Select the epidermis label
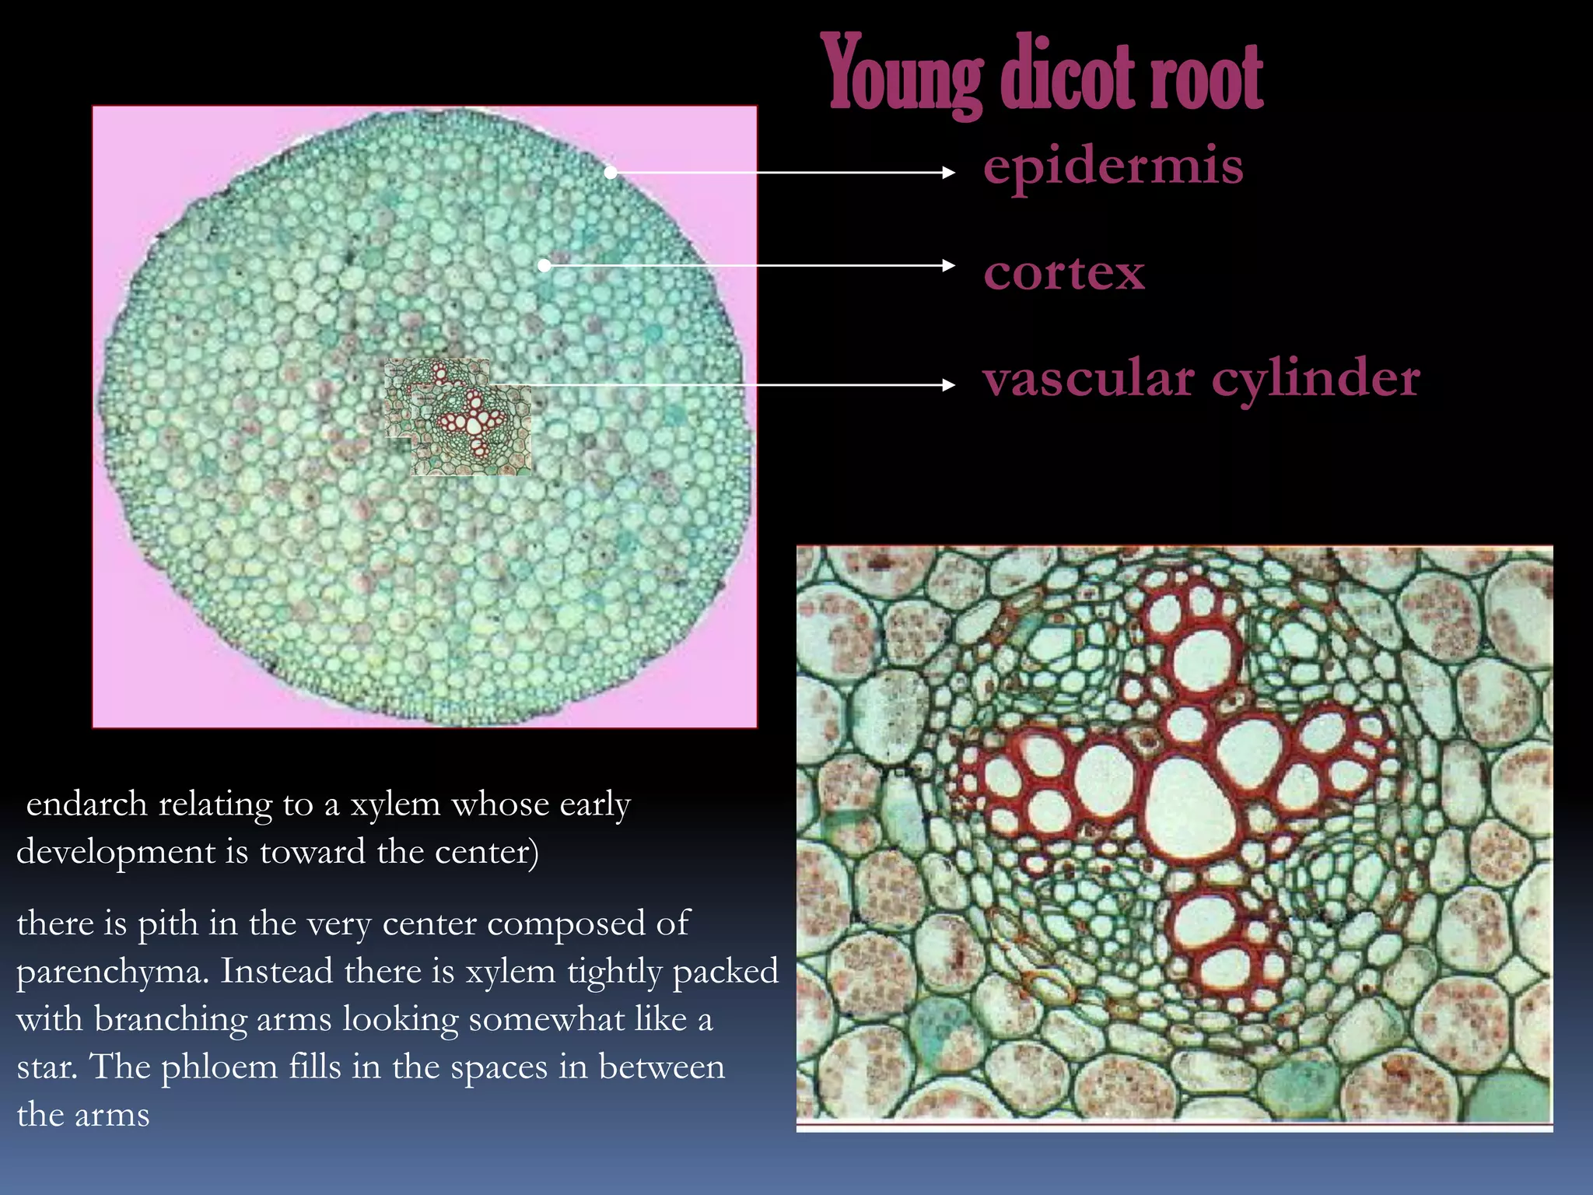coord(1113,166)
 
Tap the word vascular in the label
coord(1088,379)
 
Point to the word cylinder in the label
coord(1316,380)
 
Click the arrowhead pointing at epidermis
coord(949,173)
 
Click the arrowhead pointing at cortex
coord(949,265)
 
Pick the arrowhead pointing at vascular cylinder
coord(949,384)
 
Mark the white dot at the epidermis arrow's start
coord(611,173)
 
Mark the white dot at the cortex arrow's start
coord(544,265)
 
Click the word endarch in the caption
coord(86,804)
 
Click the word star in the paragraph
coord(45,1067)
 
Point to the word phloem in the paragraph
coord(219,1067)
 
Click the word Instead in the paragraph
coord(275,972)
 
